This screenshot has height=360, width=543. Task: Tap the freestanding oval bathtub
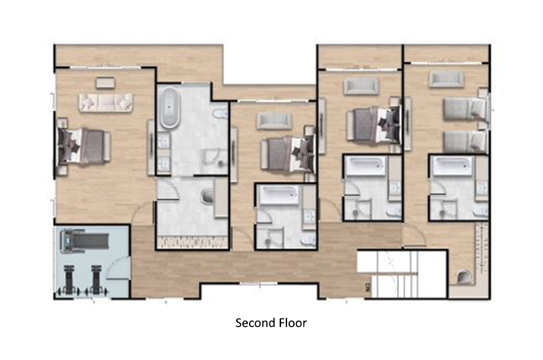pos(170,108)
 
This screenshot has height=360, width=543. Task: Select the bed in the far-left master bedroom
pos(82,146)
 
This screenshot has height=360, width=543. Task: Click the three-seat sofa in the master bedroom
pos(106,102)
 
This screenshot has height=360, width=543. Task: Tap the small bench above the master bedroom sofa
pos(105,83)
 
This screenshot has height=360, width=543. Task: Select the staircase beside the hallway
pos(402,274)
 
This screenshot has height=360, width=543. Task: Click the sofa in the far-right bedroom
pos(447,79)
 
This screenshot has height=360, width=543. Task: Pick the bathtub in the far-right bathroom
pos(452,166)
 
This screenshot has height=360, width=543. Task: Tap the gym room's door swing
pos(118,268)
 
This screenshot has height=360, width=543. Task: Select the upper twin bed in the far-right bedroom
pos(465,109)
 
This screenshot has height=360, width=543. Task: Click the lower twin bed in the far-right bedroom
pos(465,141)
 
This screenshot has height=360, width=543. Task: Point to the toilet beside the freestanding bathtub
pos(220,113)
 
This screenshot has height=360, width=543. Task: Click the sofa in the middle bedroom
pos(274,122)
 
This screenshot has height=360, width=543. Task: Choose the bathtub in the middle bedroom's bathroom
pos(279,195)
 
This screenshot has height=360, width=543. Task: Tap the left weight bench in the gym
pos(69,281)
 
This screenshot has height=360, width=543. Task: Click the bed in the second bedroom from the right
pos(373,125)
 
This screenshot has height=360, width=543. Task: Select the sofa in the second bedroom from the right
pos(361,86)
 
